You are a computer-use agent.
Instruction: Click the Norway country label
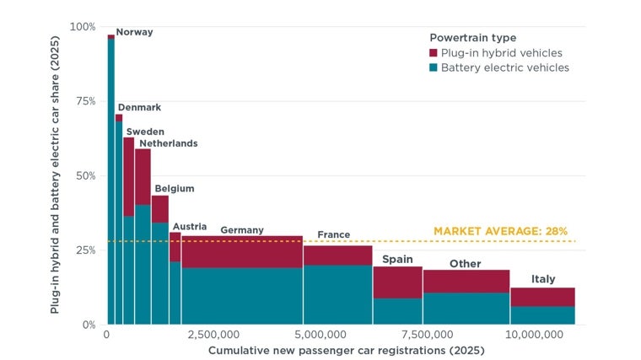[x=134, y=32]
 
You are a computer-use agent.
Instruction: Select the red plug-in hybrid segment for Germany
[x=242, y=252]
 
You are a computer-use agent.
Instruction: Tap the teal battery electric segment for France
[x=337, y=294]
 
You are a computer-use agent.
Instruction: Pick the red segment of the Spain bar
[x=398, y=282]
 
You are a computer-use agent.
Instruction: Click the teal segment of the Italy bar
[x=543, y=315]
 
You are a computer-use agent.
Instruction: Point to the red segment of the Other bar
[x=466, y=281]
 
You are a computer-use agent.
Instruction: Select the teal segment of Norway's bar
[x=111, y=182]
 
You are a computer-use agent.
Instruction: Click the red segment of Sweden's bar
[x=129, y=176]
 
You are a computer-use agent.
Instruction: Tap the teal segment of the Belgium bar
[x=160, y=273]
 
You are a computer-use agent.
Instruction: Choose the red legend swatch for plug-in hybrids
[x=434, y=53]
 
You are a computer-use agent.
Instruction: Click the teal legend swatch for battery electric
[x=434, y=67]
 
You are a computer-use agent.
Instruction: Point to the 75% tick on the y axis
[x=85, y=101]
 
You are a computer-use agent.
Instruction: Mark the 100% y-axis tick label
[x=83, y=27]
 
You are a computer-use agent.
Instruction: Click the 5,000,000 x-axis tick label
[x=320, y=335]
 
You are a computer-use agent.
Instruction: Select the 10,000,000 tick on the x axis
[x=534, y=335]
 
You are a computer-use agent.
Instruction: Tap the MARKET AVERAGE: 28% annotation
[x=500, y=231]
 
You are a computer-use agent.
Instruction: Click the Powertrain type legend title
[x=473, y=38]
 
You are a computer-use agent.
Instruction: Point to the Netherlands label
[x=169, y=143]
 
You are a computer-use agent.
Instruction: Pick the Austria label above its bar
[x=190, y=227]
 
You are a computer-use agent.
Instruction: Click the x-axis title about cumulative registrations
[x=347, y=351]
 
